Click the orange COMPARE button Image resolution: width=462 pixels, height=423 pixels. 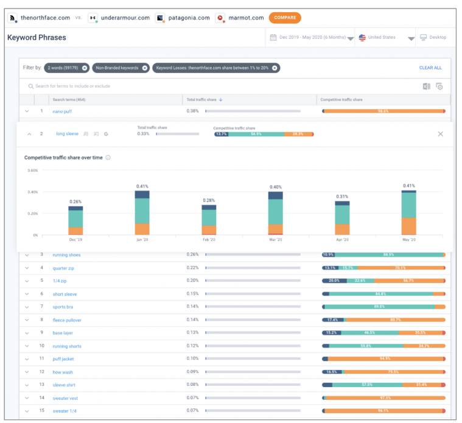tap(284, 18)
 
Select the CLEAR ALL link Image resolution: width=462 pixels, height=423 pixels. tap(430, 68)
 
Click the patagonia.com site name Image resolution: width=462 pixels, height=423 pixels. tap(186, 18)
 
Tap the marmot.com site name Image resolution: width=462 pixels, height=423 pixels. tap(246, 18)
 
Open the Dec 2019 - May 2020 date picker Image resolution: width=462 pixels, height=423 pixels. tap(310, 38)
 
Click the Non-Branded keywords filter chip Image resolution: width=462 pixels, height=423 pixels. tap(121, 68)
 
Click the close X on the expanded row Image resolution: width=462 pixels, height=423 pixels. tap(441, 134)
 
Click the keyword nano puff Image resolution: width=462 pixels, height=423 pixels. tap(62, 111)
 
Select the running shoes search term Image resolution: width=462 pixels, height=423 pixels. tap(66, 255)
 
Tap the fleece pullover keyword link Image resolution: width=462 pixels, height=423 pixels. tap(67, 320)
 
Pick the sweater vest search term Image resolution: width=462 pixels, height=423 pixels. tap(65, 398)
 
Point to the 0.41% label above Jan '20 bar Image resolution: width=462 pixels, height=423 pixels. tap(142, 186)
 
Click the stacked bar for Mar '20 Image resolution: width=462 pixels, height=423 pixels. tap(276, 213)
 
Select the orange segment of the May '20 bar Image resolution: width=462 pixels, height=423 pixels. tap(409, 226)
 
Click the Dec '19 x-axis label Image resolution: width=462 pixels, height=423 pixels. tap(75, 240)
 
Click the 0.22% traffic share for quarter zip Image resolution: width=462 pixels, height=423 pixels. tap(192, 268)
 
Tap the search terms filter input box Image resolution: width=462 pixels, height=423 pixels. tap(183, 86)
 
